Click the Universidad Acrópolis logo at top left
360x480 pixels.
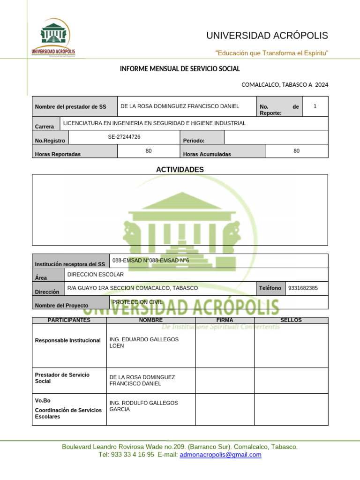53,37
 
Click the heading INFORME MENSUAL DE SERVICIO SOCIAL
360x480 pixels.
180,69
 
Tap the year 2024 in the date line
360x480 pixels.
322,85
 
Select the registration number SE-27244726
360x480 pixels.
124,137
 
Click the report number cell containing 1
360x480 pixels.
315,106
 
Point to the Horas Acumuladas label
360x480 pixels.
207,154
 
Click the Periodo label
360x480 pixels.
194,140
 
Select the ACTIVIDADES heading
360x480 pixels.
180,170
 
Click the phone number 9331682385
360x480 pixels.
303,288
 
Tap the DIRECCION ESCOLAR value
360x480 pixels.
96,274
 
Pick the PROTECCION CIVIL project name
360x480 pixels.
137,302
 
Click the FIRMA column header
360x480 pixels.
225,320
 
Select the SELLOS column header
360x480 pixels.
291,320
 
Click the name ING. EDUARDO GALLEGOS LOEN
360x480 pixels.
143,343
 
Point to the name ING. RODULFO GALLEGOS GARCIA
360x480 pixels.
143,406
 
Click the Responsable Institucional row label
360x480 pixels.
68,340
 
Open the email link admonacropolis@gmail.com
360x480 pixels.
220,455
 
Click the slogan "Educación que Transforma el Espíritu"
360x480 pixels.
271,53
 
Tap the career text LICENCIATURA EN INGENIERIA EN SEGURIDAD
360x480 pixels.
154,123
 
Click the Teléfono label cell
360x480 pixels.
270,288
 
